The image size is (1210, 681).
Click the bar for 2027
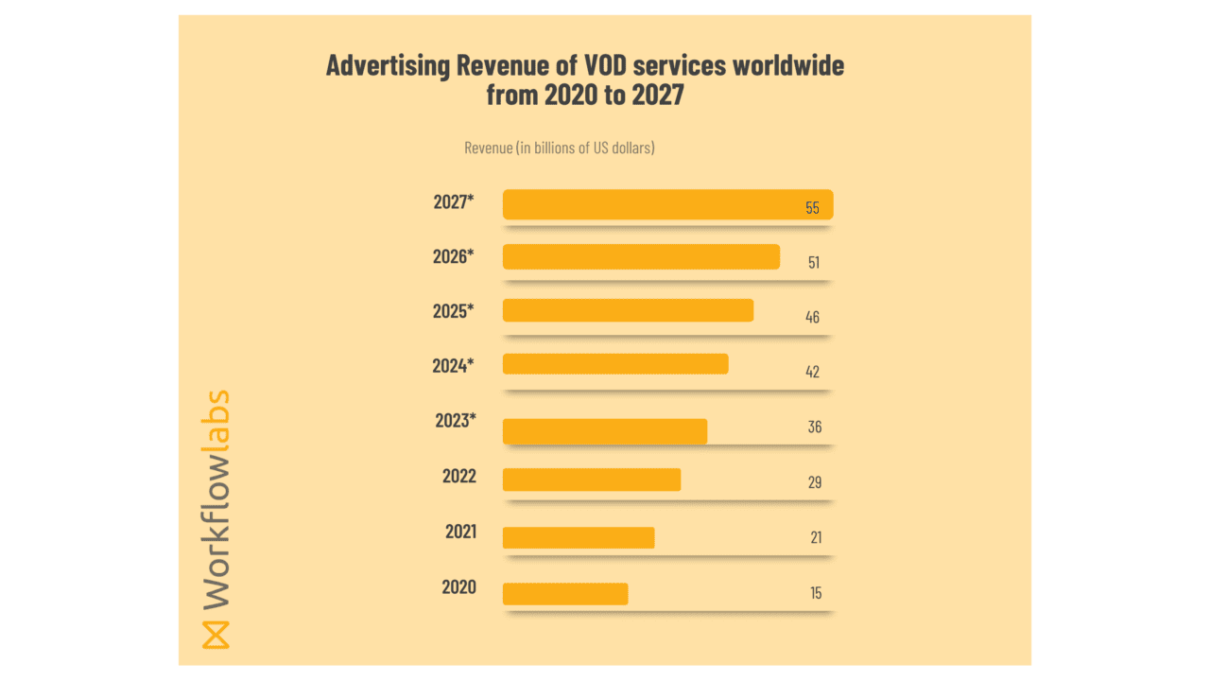pos(666,204)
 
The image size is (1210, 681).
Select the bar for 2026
pos(641,256)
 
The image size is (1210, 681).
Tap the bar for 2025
pos(628,310)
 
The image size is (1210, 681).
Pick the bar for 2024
pos(615,364)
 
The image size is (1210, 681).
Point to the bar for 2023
pos(605,430)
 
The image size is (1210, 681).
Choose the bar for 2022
pos(592,480)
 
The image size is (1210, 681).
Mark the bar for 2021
pos(579,537)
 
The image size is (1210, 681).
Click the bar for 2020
pos(565,594)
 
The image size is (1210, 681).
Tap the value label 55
pos(812,207)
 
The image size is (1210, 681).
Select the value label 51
pos(813,262)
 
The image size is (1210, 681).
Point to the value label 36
pos(814,427)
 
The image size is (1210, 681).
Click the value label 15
pos(815,593)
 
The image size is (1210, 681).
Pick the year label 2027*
pos(454,201)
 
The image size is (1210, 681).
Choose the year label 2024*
pos(453,365)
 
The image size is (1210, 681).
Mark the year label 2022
pos(459,476)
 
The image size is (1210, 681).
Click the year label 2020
pos(459,587)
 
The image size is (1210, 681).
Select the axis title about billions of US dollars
pos(560,148)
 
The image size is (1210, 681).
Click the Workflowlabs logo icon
pos(216,634)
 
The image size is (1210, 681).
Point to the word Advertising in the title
pos(387,66)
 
